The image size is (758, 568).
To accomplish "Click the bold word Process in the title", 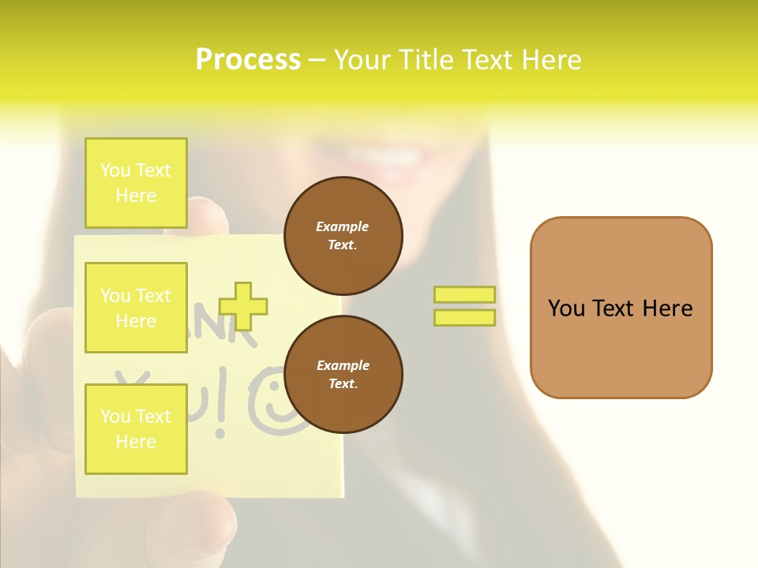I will [248, 60].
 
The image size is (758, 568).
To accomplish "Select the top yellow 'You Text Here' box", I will [136, 183].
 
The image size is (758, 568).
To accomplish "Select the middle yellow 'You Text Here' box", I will [136, 308].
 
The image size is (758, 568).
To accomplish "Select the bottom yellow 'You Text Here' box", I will [136, 428].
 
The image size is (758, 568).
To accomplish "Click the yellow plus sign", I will [243, 306].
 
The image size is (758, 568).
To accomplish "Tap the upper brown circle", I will [343, 235].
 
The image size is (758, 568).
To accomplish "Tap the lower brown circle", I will [343, 374].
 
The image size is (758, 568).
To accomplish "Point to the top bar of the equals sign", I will [464, 294].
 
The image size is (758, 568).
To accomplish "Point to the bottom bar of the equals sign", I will [464, 317].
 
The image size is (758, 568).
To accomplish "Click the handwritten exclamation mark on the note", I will [220, 410].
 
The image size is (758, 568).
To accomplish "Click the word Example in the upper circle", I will [343, 226].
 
